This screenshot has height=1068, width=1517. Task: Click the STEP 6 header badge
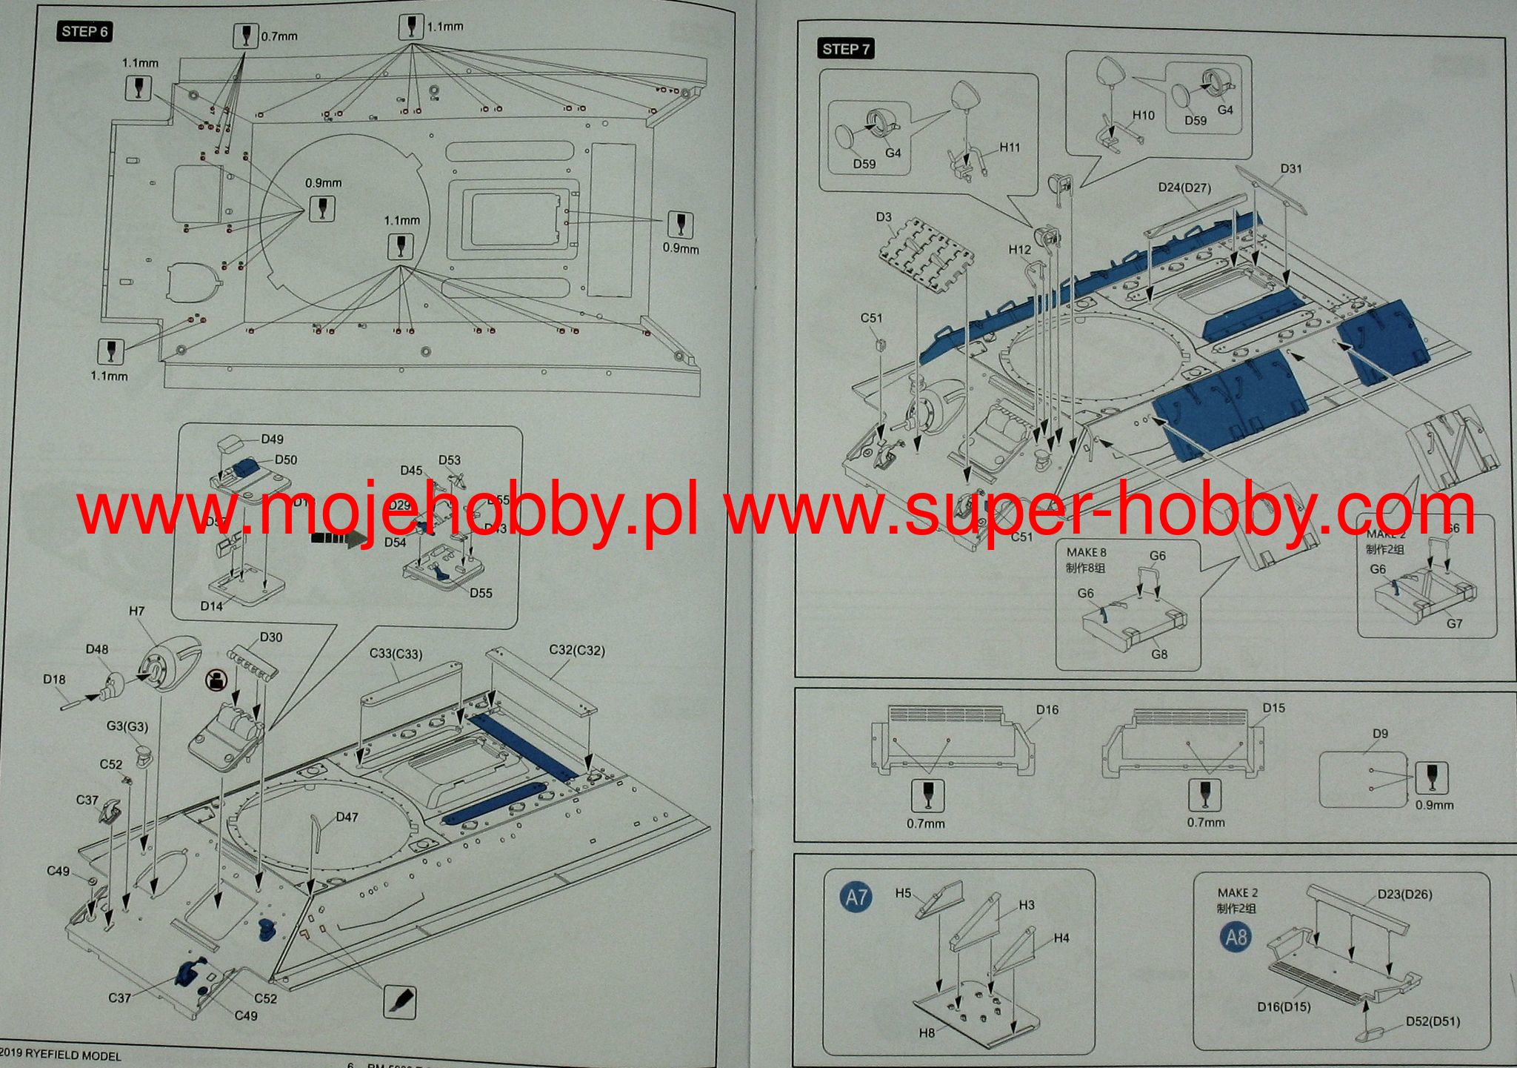coord(84,31)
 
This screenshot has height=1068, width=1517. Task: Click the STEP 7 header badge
coord(846,49)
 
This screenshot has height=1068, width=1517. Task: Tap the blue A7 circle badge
coord(856,898)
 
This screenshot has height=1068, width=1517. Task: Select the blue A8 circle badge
coord(1236,937)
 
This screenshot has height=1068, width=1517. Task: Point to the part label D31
coord(1290,169)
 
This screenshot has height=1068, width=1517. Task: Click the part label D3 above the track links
coord(884,217)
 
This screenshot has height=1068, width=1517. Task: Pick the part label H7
coord(136,611)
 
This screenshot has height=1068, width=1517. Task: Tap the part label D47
coord(347,817)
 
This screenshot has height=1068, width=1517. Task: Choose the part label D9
coord(1380,734)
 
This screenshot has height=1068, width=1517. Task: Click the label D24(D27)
coord(1184,188)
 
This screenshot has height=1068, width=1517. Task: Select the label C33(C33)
coord(396,654)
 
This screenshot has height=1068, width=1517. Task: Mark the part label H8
coord(927,1032)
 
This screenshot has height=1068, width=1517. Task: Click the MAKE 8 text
coord(1086,552)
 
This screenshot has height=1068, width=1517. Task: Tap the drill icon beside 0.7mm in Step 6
coord(244,36)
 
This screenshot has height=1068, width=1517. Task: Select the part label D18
coord(54,680)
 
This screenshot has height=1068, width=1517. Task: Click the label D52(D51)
coord(1433,1021)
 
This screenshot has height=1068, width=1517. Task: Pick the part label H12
coord(1019,250)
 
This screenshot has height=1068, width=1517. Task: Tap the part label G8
coord(1159,654)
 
